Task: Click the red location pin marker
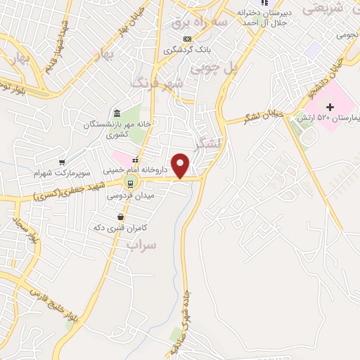(181, 166)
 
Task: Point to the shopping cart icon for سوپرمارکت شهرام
(62, 162)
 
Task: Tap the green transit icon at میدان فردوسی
(129, 184)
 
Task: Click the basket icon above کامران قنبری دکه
(121, 217)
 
